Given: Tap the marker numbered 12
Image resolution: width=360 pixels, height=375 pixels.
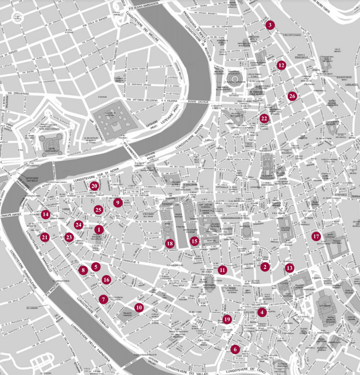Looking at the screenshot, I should [281, 65].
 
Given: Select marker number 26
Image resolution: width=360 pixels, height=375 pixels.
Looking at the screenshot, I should [292, 96].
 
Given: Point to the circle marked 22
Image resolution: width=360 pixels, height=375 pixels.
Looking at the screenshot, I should [264, 118].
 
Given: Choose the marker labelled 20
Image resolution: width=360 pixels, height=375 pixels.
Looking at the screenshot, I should [94, 186].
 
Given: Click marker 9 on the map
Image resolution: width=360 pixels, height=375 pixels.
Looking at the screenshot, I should [117, 203].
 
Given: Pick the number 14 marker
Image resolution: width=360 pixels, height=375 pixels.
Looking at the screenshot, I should [46, 215].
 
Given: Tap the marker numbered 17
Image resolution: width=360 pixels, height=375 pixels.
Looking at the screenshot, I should [316, 236].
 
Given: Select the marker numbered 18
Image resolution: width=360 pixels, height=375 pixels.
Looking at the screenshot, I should [170, 244].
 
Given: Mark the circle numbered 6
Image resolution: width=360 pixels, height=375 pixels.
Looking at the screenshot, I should [235, 349].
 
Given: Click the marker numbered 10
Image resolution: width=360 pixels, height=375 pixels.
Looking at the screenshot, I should [138, 307].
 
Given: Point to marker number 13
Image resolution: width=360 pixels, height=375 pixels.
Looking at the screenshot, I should [289, 267].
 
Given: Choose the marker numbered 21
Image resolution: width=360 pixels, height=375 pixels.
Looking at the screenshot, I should [45, 237].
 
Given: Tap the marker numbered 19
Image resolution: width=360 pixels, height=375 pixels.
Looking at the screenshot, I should [227, 319].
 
